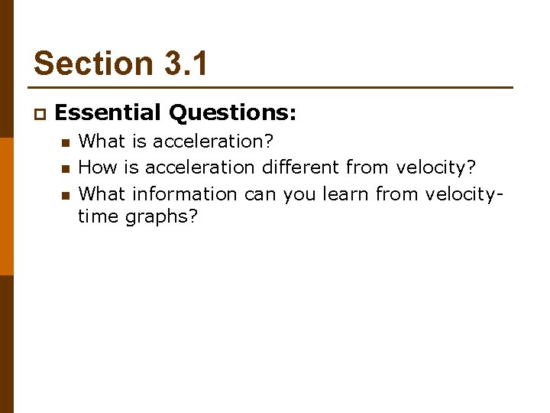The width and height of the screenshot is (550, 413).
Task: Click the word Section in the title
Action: (85, 63)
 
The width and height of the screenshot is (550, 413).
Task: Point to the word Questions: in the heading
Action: (232, 113)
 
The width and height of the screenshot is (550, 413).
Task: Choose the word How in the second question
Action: (95, 167)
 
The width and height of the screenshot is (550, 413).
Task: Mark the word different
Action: (301, 167)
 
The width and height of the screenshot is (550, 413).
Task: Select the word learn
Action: (346, 193)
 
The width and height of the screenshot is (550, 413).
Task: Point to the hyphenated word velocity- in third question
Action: (462, 193)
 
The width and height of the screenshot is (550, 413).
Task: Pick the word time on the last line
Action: (97, 216)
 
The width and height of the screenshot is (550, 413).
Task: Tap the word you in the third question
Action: (299, 194)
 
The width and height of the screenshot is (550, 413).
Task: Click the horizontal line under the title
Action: (273, 87)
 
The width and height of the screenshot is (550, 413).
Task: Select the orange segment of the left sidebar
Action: (6, 206)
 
